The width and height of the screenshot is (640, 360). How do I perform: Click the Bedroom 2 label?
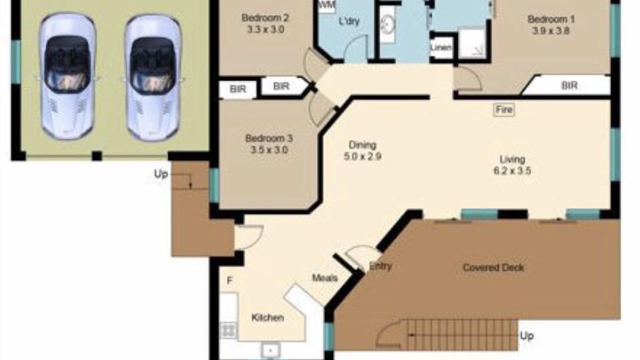coord(265,18)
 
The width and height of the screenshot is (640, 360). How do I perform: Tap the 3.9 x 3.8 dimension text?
coord(551,30)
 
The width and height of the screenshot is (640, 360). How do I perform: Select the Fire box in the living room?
coord(504,109)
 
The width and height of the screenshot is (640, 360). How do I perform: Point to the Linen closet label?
coord(441,47)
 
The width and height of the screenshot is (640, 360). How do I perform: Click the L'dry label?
coord(349,21)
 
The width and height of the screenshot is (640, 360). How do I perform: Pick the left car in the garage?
coord(67,76)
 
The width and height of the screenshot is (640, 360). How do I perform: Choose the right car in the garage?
coord(153,77)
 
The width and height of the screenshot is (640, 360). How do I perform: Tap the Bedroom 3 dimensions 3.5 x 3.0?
coord(269,150)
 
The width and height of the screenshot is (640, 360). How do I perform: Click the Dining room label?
coord(362,145)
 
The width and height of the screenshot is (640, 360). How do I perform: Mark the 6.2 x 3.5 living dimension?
coord(512,171)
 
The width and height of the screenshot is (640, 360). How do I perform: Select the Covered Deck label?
coord(493,267)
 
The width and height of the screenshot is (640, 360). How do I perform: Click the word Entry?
coord(380,266)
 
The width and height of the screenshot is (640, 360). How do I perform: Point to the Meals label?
coord(325,277)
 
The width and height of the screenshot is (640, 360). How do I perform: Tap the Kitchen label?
coord(267,317)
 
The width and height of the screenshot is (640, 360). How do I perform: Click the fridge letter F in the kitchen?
coord(229,281)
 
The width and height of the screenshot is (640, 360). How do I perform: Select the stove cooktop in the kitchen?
coord(228,330)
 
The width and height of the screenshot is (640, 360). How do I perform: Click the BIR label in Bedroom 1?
coord(569,85)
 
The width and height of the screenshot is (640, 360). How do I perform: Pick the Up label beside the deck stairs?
coord(527,336)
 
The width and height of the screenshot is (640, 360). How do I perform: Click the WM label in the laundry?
coord(326,5)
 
